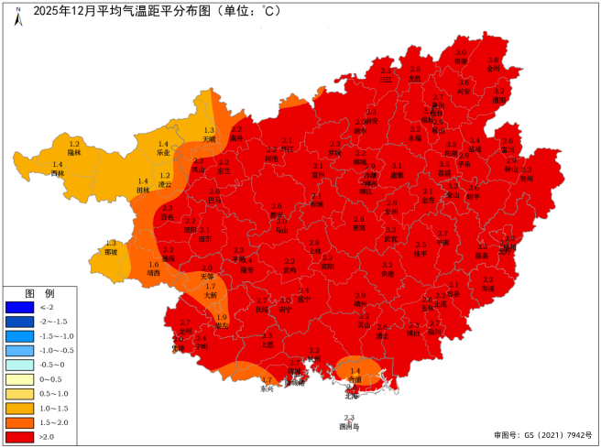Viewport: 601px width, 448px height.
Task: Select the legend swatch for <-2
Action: (19, 308)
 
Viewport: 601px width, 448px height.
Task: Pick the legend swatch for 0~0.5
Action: (19, 379)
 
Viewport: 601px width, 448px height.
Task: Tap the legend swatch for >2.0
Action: (19, 437)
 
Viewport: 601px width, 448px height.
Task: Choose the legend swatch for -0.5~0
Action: (19, 365)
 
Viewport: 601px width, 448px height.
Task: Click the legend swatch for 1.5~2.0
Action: (19, 422)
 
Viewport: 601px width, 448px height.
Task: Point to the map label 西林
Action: (58, 172)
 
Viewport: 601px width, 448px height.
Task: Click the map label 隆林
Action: (75, 153)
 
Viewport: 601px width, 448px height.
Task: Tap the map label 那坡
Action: (111, 252)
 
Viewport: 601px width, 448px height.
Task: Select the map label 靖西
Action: (153, 273)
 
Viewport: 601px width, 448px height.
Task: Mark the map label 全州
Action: (493, 68)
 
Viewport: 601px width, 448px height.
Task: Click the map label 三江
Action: (386, 79)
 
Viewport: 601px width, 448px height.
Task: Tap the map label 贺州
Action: (526, 180)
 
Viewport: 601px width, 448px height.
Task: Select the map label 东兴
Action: (267, 388)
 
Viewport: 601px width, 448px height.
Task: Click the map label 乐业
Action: (164, 153)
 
